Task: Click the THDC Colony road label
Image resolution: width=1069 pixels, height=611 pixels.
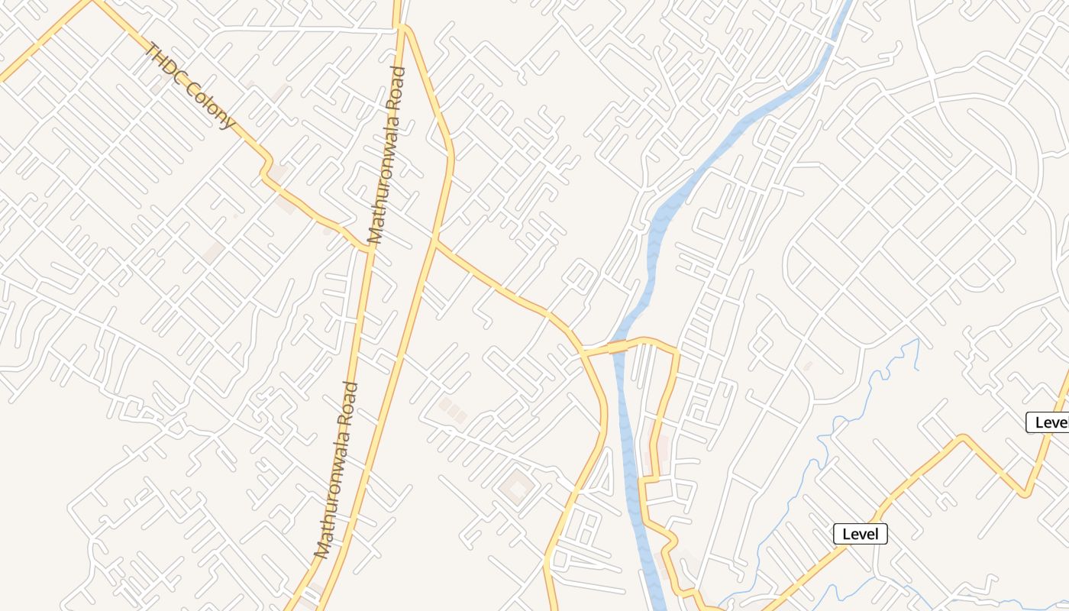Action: click(x=189, y=86)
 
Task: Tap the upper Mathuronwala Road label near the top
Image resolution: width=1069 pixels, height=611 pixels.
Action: click(x=386, y=155)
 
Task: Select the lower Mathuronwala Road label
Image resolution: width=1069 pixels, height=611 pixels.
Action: click(x=337, y=469)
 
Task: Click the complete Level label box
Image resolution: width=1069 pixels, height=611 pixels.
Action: click(x=861, y=534)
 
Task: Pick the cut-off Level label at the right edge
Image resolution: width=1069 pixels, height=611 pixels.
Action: click(x=1049, y=422)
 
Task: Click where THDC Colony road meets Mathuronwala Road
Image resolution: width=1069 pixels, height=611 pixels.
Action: click(x=369, y=249)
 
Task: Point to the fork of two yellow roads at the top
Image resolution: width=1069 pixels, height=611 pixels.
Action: click(x=399, y=26)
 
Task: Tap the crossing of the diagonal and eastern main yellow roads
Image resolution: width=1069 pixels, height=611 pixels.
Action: click(x=434, y=243)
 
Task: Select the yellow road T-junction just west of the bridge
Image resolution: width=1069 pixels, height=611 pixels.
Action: click(x=583, y=352)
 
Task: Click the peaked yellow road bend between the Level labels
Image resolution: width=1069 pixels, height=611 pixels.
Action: click(x=964, y=437)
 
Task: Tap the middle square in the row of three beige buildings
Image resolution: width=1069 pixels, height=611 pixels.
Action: click(x=453, y=410)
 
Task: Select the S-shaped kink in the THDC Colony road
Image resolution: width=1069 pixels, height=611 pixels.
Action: click(x=266, y=170)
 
